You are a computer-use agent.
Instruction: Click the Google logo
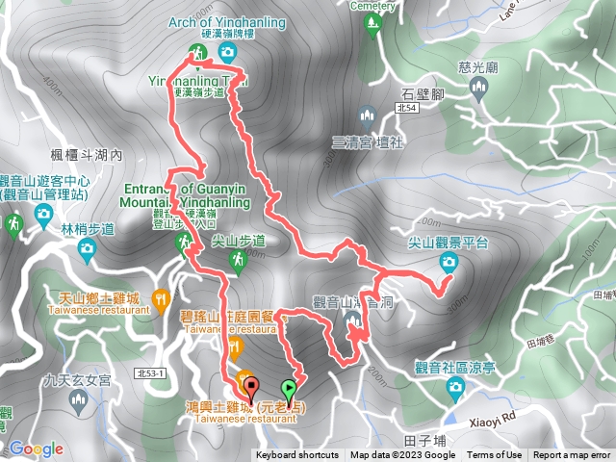coord(37,449)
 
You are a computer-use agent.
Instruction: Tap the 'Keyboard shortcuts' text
coord(296,455)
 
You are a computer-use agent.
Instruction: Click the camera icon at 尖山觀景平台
coord(448,262)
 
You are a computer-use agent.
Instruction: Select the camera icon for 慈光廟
coord(479,90)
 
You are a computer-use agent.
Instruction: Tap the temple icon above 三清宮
coord(366,117)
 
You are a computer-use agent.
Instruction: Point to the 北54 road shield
coord(407,111)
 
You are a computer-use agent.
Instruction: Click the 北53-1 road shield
coord(152,372)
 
